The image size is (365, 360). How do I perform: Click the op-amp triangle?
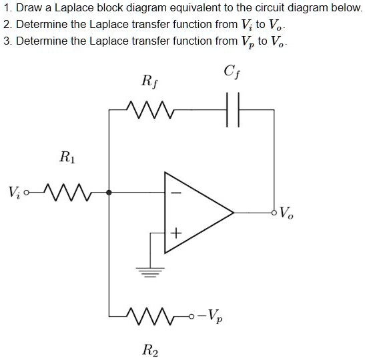click(x=194, y=213)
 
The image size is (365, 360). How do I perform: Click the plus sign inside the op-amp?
click(x=176, y=233)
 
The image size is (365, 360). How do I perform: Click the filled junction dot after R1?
click(x=109, y=193)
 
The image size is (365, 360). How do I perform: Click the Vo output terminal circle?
click(x=274, y=213)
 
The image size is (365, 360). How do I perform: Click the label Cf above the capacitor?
click(x=234, y=71)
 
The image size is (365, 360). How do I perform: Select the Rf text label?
click(x=151, y=81)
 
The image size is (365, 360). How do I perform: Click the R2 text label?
click(x=151, y=349)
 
